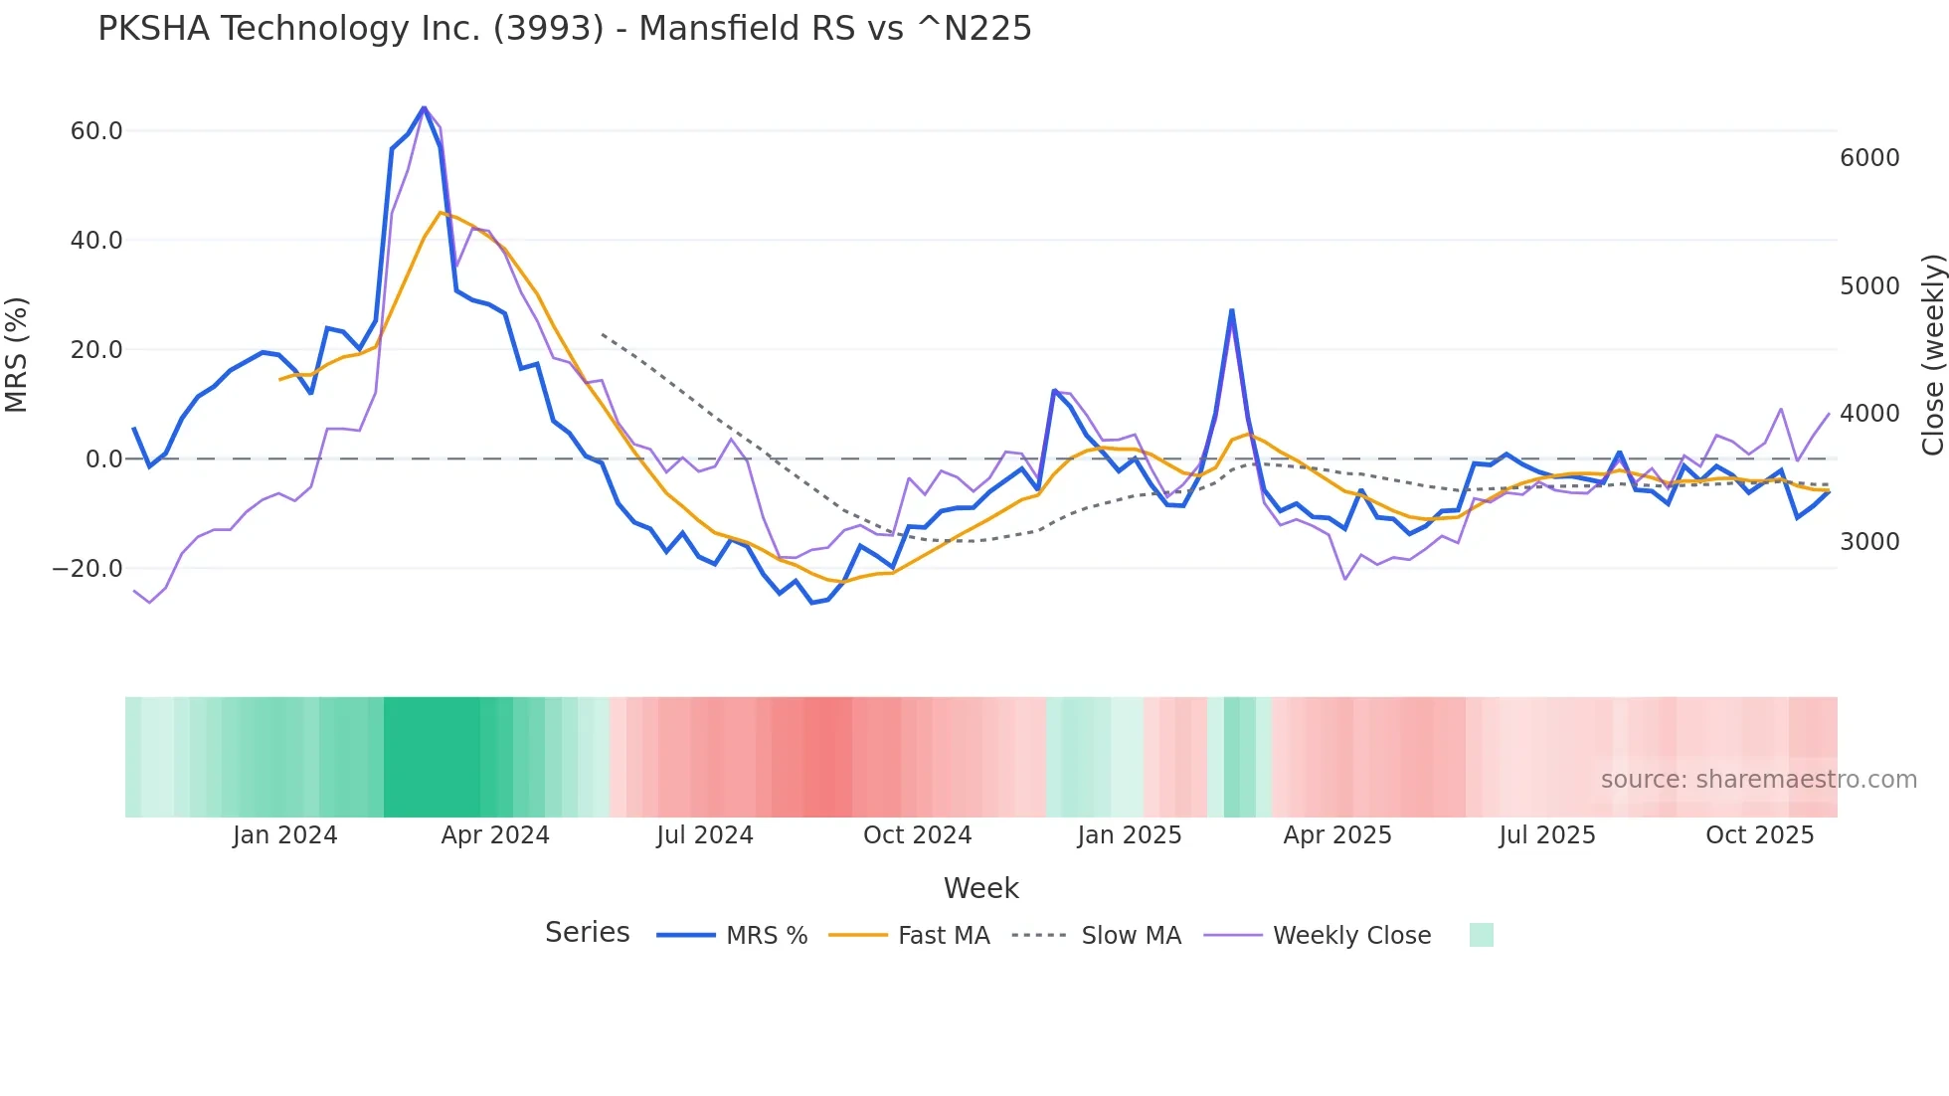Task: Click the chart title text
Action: pyautogui.click(x=564, y=29)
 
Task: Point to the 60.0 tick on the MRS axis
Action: pyautogui.click(x=96, y=131)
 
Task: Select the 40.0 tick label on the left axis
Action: pyautogui.click(x=96, y=241)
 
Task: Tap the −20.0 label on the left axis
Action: pyautogui.click(x=88, y=569)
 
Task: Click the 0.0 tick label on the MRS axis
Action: pyautogui.click(x=104, y=459)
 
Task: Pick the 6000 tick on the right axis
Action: pyautogui.click(x=1869, y=158)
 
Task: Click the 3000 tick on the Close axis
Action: pyautogui.click(x=1869, y=542)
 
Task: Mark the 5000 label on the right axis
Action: pyautogui.click(x=1869, y=286)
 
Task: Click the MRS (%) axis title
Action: pyautogui.click(x=17, y=355)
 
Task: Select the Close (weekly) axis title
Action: pyautogui.click(x=1932, y=355)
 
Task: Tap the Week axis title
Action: pyautogui.click(x=980, y=888)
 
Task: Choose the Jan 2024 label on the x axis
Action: pyautogui.click(x=285, y=835)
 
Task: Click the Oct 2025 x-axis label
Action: pyautogui.click(x=1759, y=835)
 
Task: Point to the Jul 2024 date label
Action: pyautogui.click(x=705, y=835)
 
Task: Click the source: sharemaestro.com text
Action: pyautogui.click(x=1758, y=780)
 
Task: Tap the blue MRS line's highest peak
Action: pyautogui.click(x=424, y=107)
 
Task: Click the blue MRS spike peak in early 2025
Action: pyautogui.click(x=1232, y=310)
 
